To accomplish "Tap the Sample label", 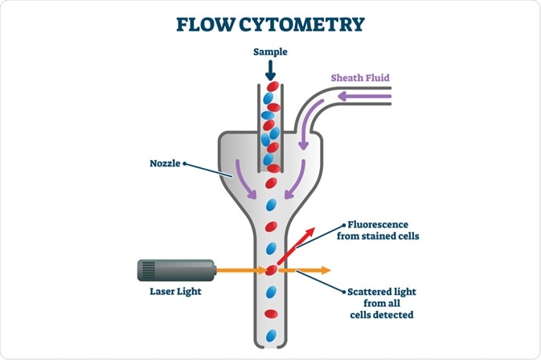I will tap(270, 51).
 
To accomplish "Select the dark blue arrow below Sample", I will tap(270, 70).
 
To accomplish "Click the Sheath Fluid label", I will tap(359, 78).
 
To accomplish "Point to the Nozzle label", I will tap(166, 163).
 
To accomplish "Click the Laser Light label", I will tap(174, 292).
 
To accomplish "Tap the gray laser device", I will tap(174, 270).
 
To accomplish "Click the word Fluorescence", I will tap(379, 224).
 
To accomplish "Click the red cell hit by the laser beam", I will tap(271, 270).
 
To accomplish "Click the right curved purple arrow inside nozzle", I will tap(302, 182).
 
